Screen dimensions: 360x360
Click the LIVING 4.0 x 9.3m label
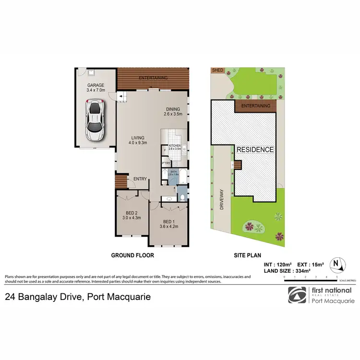pyautogui.click(x=137, y=140)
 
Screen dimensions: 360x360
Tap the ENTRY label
pyautogui.click(x=140, y=179)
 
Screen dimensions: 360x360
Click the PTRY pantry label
pyautogui.click(x=167, y=163)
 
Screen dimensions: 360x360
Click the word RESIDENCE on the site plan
pyautogui.click(x=255, y=150)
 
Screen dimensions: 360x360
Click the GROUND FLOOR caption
pyautogui.click(x=132, y=255)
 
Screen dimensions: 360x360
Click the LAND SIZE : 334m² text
pyautogui.click(x=287, y=271)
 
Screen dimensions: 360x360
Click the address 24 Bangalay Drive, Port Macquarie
pyautogui.click(x=78, y=297)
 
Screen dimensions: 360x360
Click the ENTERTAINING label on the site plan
pyautogui.click(x=255, y=106)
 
